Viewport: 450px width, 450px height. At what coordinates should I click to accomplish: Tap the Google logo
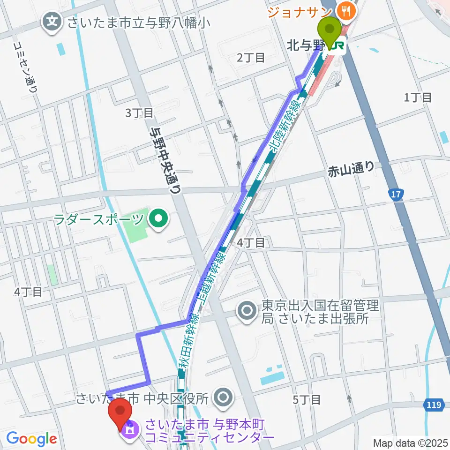(31, 439)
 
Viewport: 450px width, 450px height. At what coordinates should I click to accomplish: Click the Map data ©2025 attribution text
(410, 442)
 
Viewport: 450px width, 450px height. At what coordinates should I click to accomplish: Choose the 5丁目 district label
(307, 400)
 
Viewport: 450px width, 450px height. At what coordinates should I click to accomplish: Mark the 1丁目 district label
(418, 97)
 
